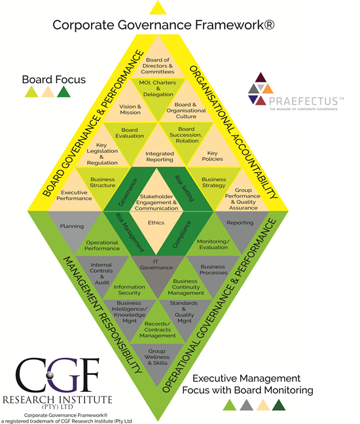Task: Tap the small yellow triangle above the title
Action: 158,8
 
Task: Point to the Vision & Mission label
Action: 130,109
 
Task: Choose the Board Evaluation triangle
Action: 130,132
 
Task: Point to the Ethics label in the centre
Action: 158,222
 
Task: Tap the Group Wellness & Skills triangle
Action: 158,358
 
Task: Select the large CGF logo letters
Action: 56,376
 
